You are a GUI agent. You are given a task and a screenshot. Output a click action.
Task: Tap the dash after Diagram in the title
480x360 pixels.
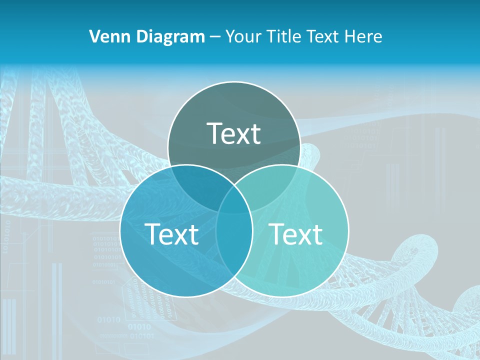tap(215, 37)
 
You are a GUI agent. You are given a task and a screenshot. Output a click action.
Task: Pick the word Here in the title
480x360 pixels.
tap(365, 36)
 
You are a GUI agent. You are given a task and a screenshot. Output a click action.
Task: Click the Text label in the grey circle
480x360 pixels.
tap(234, 133)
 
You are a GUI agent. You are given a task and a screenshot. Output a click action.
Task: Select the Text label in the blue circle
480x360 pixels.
tap(171, 234)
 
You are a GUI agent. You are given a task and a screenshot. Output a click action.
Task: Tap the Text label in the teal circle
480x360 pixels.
tap(296, 234)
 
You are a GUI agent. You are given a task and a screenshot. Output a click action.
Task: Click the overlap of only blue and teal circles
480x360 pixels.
tap(234, 250)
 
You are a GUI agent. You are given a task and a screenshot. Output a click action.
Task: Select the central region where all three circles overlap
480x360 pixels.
tap(234, 202)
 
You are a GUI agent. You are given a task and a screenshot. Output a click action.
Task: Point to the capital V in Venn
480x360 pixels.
tap(94, 36)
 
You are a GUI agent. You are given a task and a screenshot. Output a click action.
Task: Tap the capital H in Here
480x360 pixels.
tap(353, 36)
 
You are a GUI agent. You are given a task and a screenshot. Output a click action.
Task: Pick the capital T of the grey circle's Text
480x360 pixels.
tap(215, 133)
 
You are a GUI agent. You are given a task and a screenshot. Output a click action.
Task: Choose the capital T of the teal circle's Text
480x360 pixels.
tap(277, 234)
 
